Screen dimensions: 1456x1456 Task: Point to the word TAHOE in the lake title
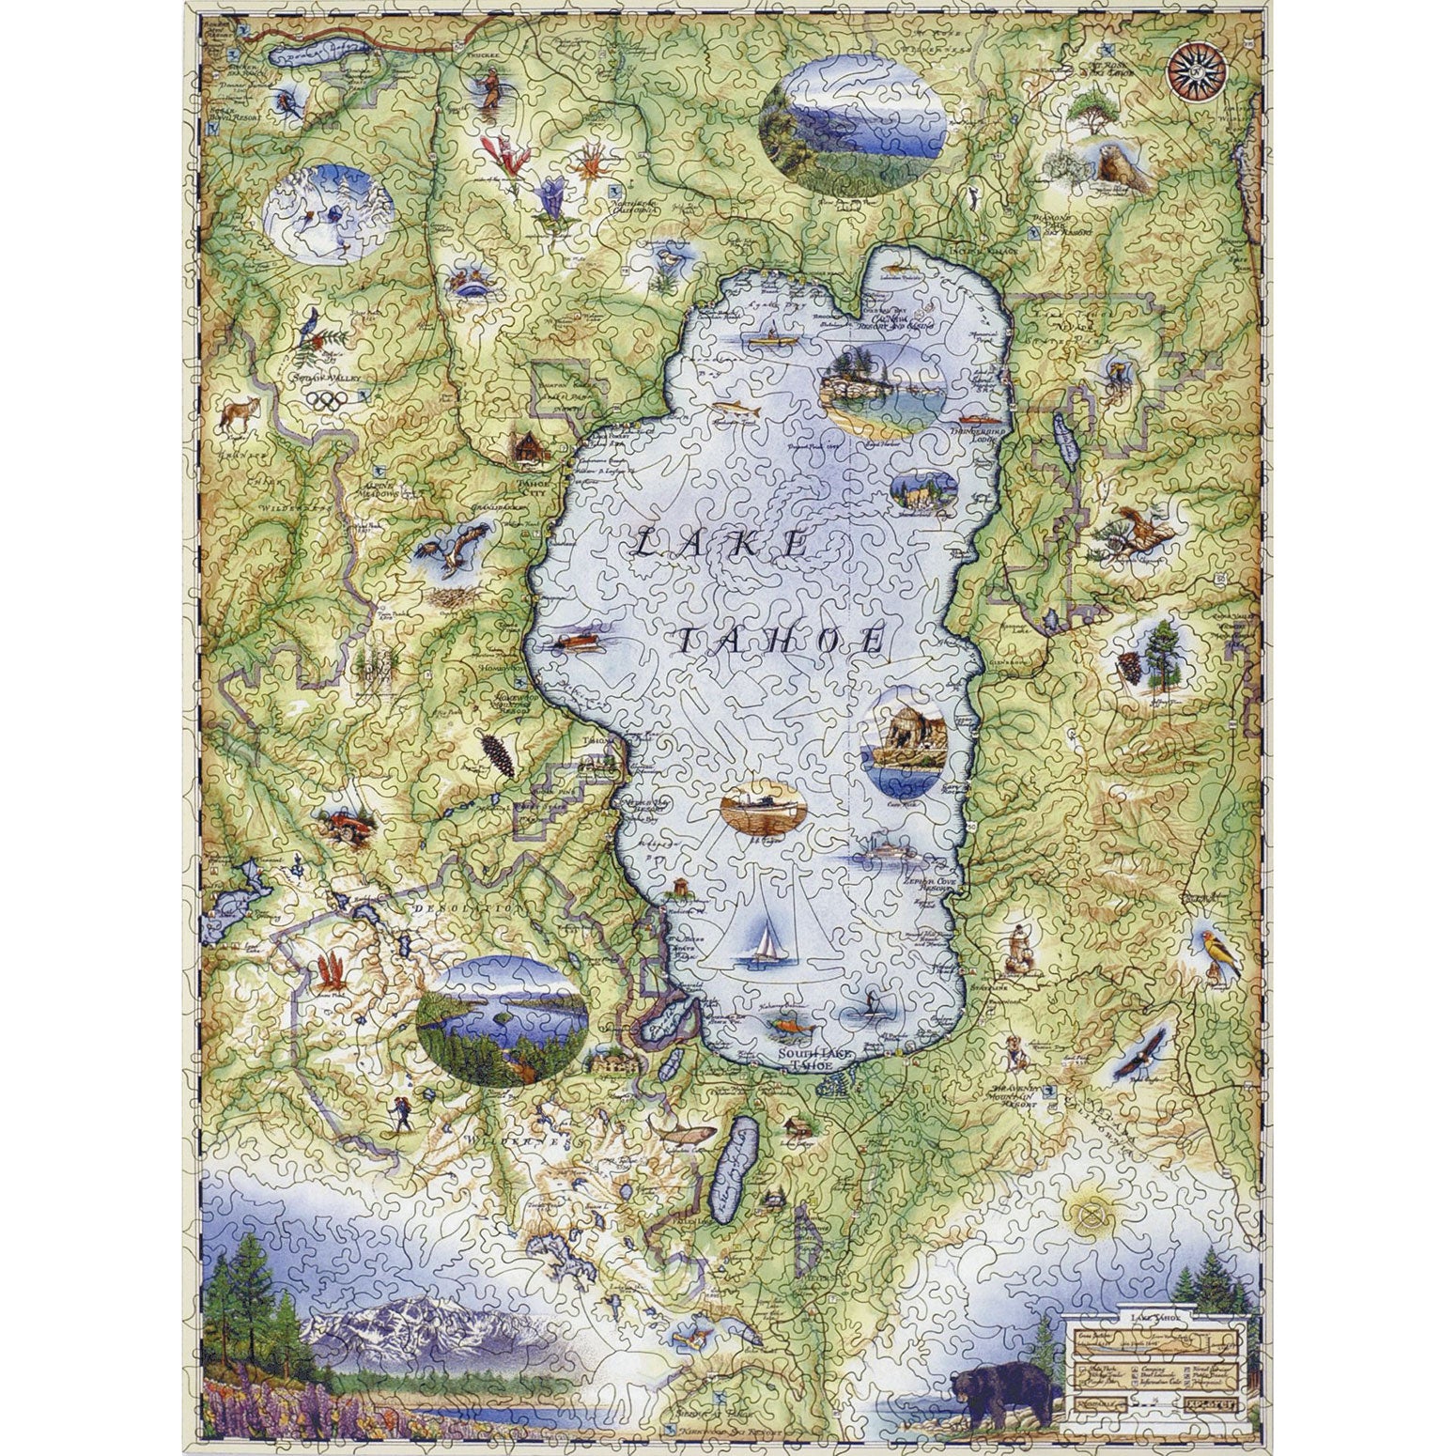779,641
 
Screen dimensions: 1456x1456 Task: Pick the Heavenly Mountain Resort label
1019,1095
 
